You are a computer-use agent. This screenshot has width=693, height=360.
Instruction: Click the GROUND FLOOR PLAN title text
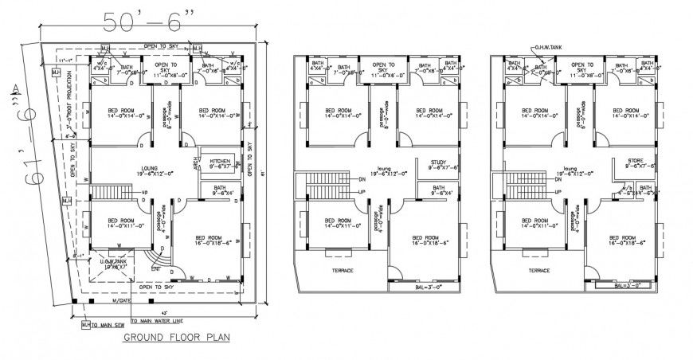pyautogui.click(x=176, y=338)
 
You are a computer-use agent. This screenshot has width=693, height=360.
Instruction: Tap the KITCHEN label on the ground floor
pyautogui.click(x=219, y=163)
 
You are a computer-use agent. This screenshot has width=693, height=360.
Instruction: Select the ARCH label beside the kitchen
pyautogui.click(x=196, y=163)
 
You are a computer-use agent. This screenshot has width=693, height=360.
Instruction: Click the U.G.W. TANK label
pyautogui.click(x=108, y=264)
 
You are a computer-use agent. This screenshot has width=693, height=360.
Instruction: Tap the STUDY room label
pyautogui.click(x=437, y=163)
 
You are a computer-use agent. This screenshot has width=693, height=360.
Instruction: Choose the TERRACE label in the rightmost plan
pyautogui.click(x=539, y=271)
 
